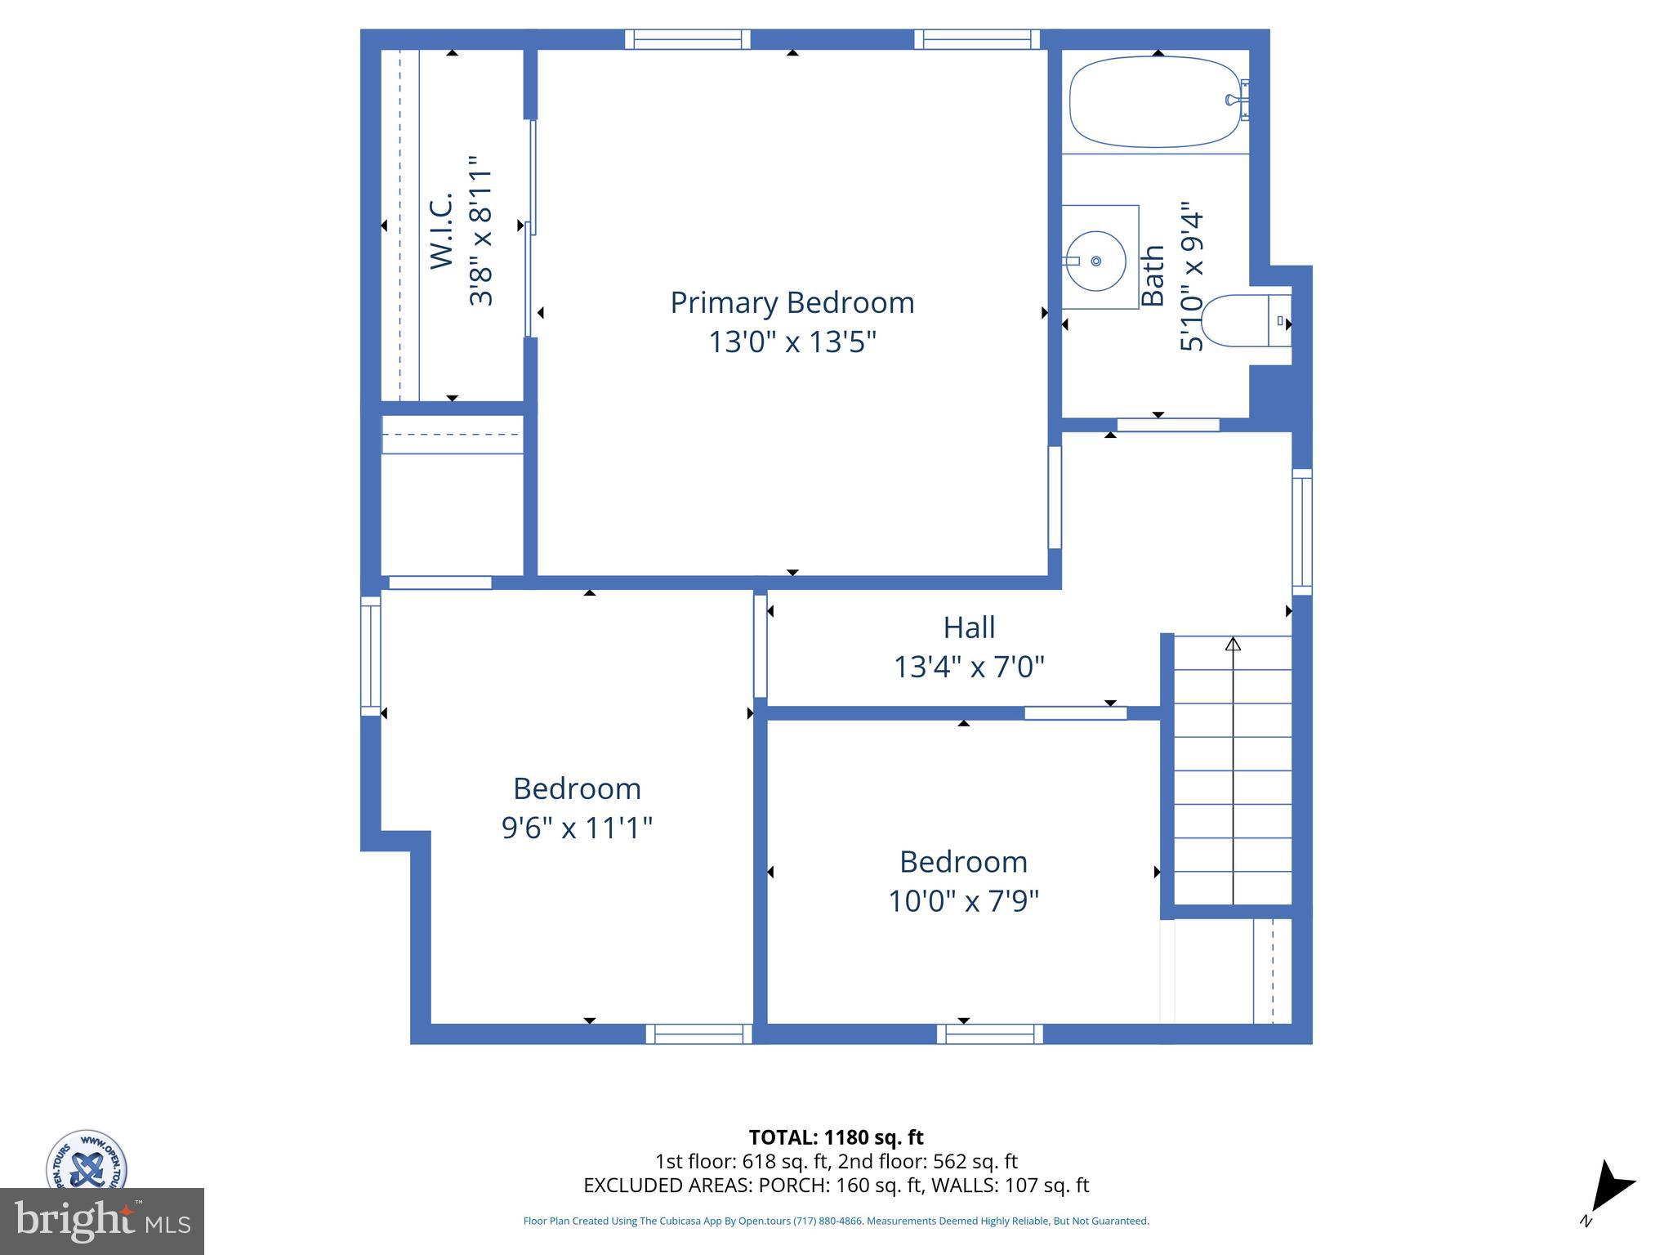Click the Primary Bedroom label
(792, 303)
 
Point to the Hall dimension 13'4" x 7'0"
(969, 668)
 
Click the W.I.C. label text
(442, 230)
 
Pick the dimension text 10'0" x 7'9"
(963, 901)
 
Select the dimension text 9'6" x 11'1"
(577, 828)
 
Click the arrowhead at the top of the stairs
(1233, 645)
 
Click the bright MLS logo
(102, 1222)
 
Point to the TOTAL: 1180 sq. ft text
(836, 1137)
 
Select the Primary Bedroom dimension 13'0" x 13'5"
(792, 342)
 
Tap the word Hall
(969, 627)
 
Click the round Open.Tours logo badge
(86, 1160)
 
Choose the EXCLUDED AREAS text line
(836, 1185)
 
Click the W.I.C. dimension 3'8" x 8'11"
(481, 232)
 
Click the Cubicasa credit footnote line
(836, 1221)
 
